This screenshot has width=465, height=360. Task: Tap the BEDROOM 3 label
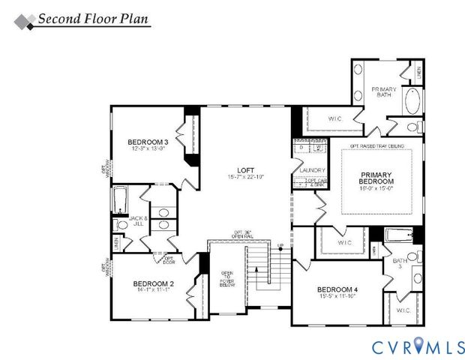pyautogui.click(x=147, y=142)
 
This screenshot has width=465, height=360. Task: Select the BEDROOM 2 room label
pyautogui.click(x=154, y=283)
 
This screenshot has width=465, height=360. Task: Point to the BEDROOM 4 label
pyautogui.click(x=337, y=290)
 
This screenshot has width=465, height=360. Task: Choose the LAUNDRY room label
pyautogui.click(x=312, y=171)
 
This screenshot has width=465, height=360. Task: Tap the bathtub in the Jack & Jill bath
pyautogui.click(x=119, y=200)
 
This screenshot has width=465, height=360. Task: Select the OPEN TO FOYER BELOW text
pyautogui.click(x=227, y=278)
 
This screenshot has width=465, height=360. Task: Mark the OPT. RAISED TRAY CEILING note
pyautogui.click(x=376, y=145)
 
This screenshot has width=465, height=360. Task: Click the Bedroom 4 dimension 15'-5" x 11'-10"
pyautogui.click(x=337, y=298)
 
